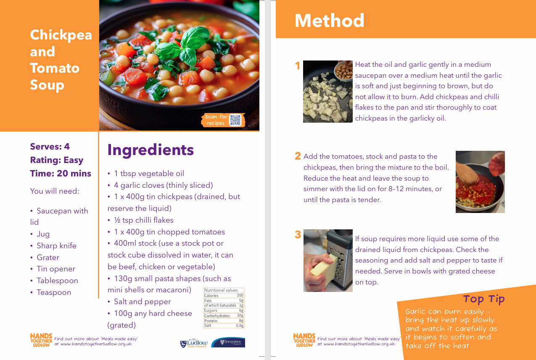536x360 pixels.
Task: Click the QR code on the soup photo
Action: (x=235, y=120)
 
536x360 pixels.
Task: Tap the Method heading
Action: (x=329, y=21)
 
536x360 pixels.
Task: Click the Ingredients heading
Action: (x=151, y=150)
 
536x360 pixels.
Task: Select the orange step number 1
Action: (x=298, y=66)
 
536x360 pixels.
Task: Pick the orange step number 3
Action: (x=298, y=234)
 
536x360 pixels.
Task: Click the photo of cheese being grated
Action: (x=328, y=260)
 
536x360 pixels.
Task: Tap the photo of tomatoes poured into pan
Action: (x=480, y=181)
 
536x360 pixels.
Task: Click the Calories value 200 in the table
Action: (x=240, y=295)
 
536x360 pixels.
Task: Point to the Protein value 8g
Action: (x=241, y=321)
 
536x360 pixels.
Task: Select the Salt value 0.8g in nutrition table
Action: (x=240, y=326)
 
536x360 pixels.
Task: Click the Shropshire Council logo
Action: (x=228, y=342)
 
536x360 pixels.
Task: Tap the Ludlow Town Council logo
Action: (x=194, y=343)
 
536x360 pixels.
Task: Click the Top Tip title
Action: (x=484, y=299)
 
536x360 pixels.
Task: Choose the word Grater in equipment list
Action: (x=48, y=258)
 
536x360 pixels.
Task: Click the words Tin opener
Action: (x=56, y=269)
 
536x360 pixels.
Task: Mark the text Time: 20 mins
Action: (x=61, y=173)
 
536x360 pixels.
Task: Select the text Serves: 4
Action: (x=50, y=147)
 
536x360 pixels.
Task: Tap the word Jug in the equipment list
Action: (x=43, y=234)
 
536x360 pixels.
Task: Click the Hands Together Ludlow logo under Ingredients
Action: (x=41, y=340)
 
